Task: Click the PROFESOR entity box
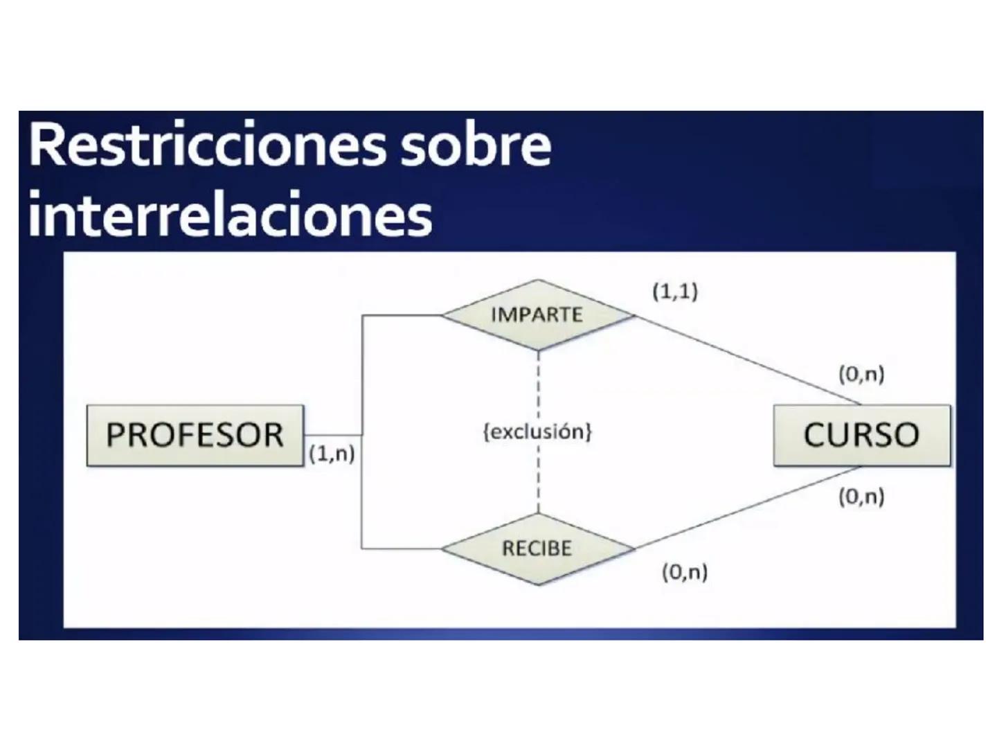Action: [195, 435]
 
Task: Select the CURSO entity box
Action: [861, 435]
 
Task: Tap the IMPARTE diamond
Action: [537, 314]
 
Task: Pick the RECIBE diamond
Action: [537, 549]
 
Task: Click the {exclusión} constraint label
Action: [537, 431]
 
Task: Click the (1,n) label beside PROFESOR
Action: [332, 454]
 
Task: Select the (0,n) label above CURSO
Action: [861, 374]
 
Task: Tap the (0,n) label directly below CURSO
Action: [861, 497]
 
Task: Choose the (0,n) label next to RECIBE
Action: [685, 572]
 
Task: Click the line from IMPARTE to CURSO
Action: [748, 360]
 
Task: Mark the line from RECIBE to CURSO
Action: [748, 507]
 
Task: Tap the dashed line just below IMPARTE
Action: [538, 381]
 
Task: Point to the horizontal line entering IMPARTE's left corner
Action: [402, 315]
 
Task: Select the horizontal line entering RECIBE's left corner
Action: [402, 549]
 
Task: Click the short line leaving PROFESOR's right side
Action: [332, 435]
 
